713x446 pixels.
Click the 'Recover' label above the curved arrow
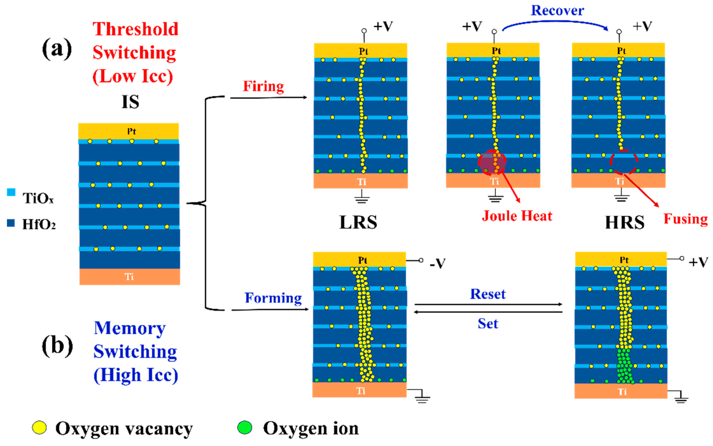click(557, 11)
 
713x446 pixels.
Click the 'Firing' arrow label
click(263, 87)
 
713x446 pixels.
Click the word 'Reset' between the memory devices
click(488, 294)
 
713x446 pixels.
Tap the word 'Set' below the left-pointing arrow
click(488, 323)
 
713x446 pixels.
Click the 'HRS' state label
click(625, 222)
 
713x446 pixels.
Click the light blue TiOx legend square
click(11, 192)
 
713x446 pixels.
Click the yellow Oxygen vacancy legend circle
click(39, 428)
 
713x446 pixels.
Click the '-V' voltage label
click(437, 263)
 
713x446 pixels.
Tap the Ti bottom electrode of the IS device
click(129, 276)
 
